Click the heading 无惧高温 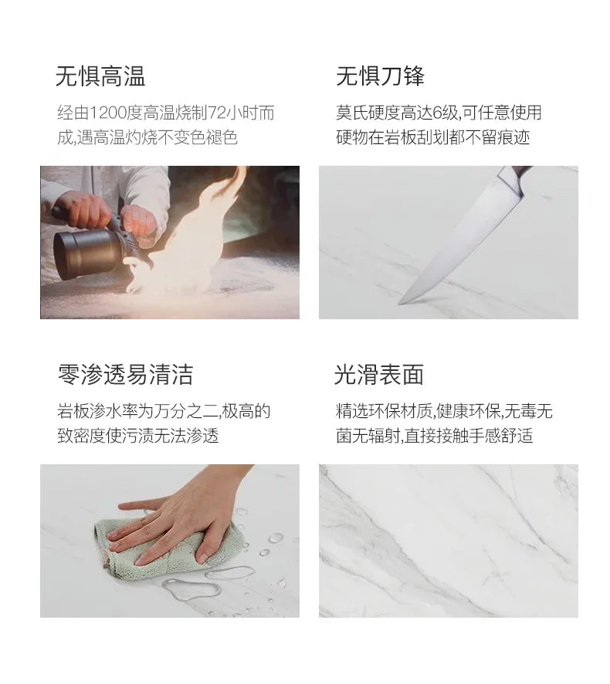coord(100,76)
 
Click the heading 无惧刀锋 coord(380,76)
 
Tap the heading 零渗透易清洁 coord(125,374)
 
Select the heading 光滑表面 coord(379,374)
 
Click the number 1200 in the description coord(108,113)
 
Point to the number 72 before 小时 coord(216,113)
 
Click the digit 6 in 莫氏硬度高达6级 coord(438,113)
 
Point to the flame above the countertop coord(188,235)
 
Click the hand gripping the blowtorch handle coord(83,211)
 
